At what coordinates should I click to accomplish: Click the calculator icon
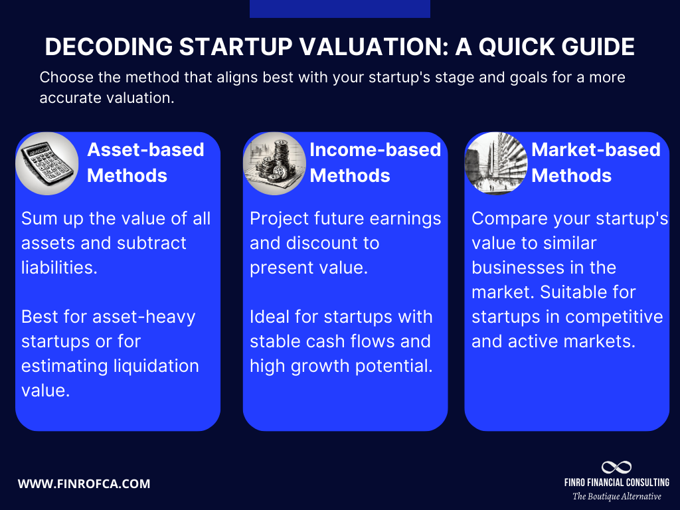pyautogui.click(x=46, y=163)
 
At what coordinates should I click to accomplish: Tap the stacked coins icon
pyautogui.click(x=274, y=163)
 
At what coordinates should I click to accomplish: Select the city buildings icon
pyautogui.click(x=495, y=163)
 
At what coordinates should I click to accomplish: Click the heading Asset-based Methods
pyautogui.click(x=145, y=163)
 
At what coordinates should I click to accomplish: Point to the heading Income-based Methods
pyautogui.click(x=375, y=163)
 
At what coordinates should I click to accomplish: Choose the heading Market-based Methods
pyautogui.click(x=596, y=163)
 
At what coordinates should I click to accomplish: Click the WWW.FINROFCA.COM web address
pyautogui.click(x=84, y=483)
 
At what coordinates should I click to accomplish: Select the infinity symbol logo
pyautogui.click(x=616, y=467)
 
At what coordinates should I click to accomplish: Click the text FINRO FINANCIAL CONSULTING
pyautogui.click(x=616, y=482)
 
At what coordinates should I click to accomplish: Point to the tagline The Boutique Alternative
pyautogui.click(x=616, y=496)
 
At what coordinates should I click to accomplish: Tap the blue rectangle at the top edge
pyautogui.click(x=339, y=9)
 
